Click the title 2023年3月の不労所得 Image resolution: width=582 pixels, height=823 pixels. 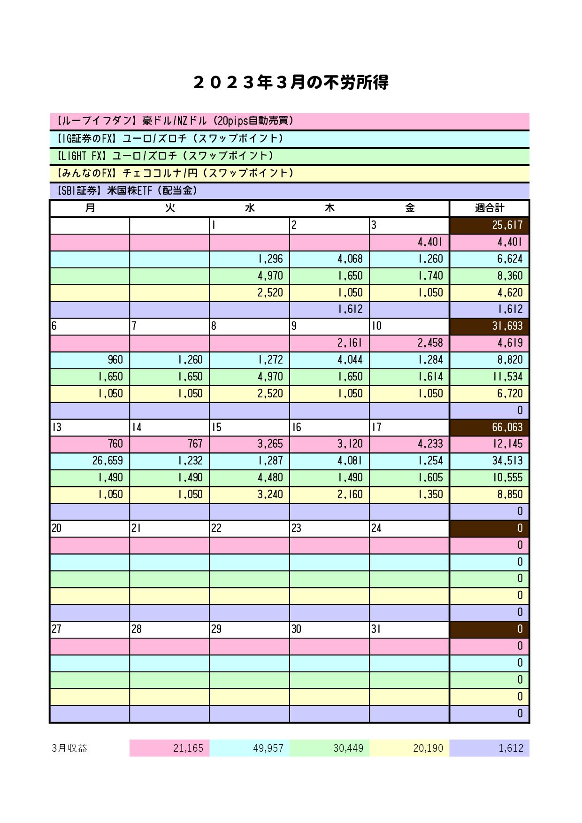click(291, 83)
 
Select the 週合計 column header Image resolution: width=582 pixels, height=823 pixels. click(489, 208)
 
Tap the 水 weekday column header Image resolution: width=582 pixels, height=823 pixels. click(250, 208)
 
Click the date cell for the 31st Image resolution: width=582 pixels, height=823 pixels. click(409, 629)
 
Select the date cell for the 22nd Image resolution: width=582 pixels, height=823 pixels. click(249, 528)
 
